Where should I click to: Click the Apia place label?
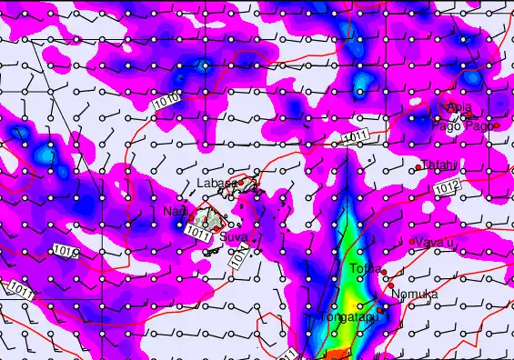[x=459, y=109]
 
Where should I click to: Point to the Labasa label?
[x=217, y=183]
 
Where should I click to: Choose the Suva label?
[x=234, y=237]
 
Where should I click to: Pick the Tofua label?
[x=364, y=268]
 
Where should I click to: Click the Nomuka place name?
[x=415, y=295]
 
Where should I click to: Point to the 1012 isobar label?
[x=447, y=187]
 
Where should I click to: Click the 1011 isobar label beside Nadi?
[x=197, y=233]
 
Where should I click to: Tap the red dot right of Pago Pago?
[x=497, y=125]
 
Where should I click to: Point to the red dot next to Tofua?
[x=385, y=272]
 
